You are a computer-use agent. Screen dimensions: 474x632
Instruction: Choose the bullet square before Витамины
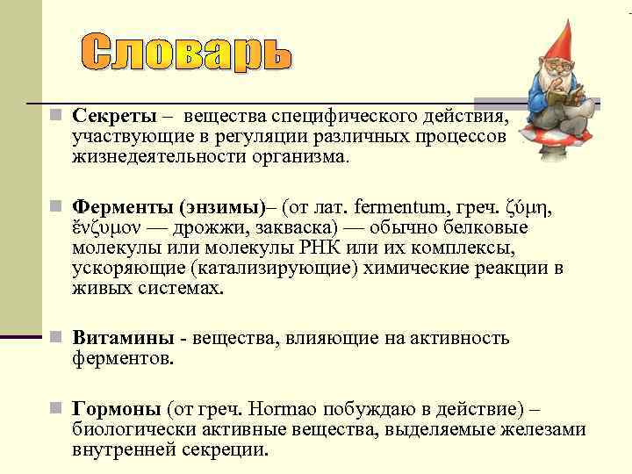click(x=54, y=338)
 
